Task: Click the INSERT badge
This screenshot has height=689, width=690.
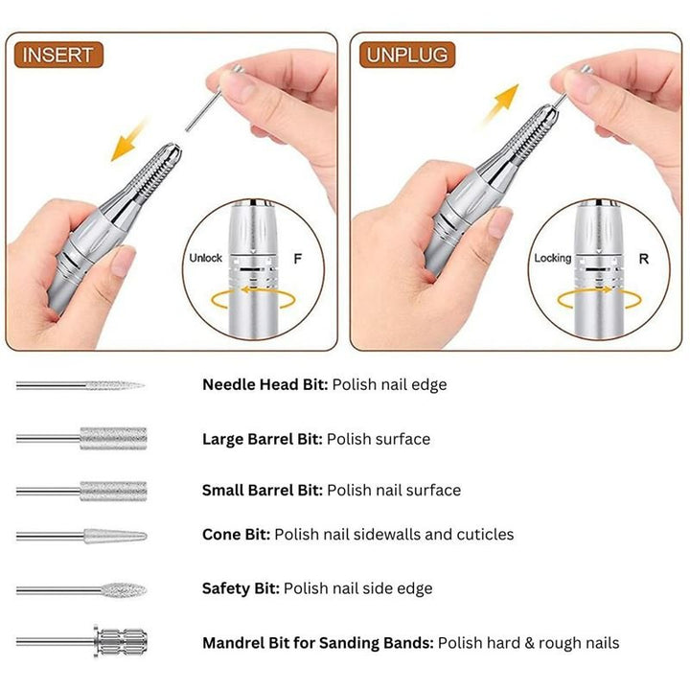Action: coord(58,55)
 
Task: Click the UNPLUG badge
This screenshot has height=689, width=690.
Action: coord(407,55)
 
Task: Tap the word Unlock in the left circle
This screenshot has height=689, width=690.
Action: coord(205,258)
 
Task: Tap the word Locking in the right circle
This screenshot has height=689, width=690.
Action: coord(553,258)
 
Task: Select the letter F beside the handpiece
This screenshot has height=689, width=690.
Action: coord(298,259)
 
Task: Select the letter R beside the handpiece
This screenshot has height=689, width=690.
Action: coord(644,259)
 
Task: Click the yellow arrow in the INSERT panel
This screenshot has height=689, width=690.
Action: coord(128,140)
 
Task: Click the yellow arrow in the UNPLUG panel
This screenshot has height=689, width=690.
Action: coord(501,103)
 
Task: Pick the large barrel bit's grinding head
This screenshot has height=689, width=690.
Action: coord(113,438)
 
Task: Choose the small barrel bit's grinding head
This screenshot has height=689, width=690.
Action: coord(113,491)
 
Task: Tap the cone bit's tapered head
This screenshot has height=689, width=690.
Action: coord(115,537)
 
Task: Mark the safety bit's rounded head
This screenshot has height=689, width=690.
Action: coord(124,589)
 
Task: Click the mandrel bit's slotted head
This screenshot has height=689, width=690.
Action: coord(121,641)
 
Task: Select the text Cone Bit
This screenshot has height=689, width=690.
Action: coord(237,534)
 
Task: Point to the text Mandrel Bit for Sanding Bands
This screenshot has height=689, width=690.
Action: coord(318,643)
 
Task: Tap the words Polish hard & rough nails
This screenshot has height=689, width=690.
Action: coord(528,643)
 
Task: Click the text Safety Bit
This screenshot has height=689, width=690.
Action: coord(241,588)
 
